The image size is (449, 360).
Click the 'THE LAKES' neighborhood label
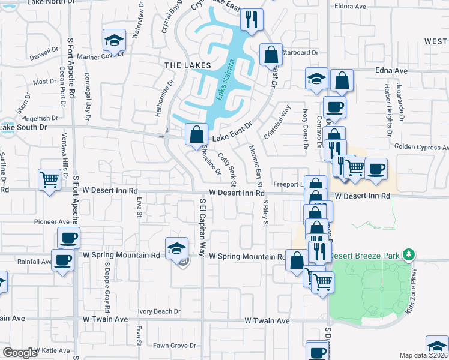[x=188, y=65]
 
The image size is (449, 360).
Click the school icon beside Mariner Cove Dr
[x=113, y=40]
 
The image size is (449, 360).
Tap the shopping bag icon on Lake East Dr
[x=196, y=134]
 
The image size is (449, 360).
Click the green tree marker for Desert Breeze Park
[x=409, y=255]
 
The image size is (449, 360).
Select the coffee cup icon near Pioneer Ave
[x=69, y=238]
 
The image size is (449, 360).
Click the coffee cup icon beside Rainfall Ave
[x=62, y=260]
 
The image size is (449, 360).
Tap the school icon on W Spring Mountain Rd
[x=176, y=247]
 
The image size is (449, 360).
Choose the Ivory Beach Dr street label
[x=159, y=311]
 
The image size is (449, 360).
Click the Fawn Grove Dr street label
[x=175, y=346]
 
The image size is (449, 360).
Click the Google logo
[x=20, y=353]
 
